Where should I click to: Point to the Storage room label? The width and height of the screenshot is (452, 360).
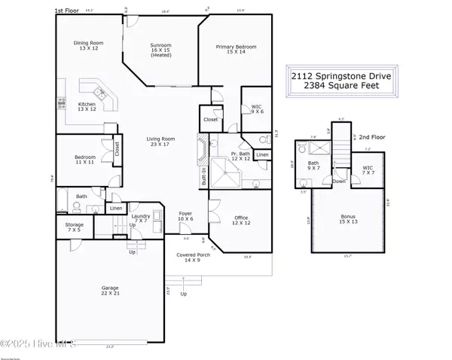(x=74, y=226)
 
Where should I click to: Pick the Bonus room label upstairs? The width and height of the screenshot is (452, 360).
(x=348, y=218)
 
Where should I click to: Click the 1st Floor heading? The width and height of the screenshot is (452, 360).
(x=66, y=11)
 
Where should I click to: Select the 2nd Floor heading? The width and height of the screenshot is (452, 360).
(x=372, y=138)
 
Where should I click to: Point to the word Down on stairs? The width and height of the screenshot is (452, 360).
(x=340, y=181)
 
